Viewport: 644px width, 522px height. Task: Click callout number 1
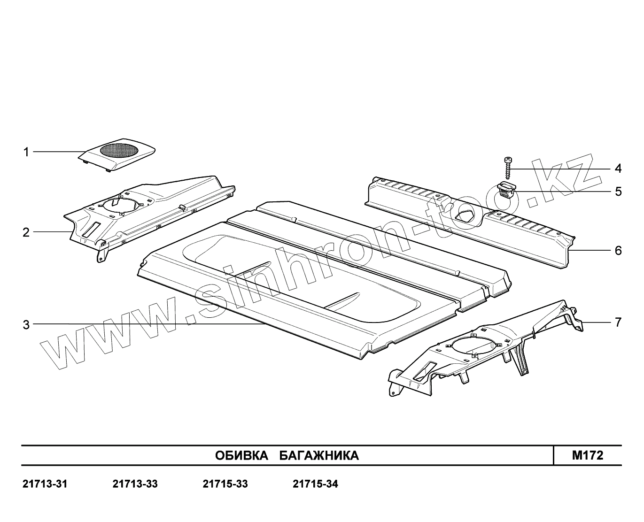26,152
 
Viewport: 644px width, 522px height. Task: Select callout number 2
26,232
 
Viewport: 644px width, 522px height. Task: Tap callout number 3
26,324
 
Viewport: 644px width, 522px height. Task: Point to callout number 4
618,168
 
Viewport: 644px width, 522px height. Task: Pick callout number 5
618,192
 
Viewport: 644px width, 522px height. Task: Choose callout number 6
618,251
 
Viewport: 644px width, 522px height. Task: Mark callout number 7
618,322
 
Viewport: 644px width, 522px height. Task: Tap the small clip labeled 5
507,191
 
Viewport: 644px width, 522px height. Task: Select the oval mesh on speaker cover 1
120,150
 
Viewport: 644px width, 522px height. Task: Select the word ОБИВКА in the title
241,455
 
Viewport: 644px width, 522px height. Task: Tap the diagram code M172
587,455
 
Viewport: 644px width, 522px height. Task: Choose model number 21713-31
45,484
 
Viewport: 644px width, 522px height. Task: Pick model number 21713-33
135,484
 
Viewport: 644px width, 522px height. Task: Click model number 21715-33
225,484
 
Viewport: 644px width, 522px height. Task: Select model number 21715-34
315,484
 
